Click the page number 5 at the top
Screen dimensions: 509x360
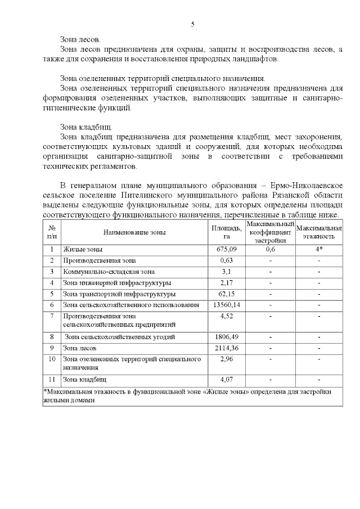point(192,24)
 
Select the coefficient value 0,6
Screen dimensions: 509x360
point(270,249)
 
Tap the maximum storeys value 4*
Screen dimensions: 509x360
point(319,249)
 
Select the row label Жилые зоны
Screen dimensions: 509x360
point(83,249)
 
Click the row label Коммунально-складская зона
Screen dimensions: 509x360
point(101,271)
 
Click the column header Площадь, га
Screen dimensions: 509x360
point(226,232)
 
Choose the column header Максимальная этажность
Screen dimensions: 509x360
point(319,232)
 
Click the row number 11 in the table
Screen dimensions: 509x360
point(52,379)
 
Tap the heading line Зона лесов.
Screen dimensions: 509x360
point(80,40)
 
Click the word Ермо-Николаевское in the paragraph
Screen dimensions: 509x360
point(305,185)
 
